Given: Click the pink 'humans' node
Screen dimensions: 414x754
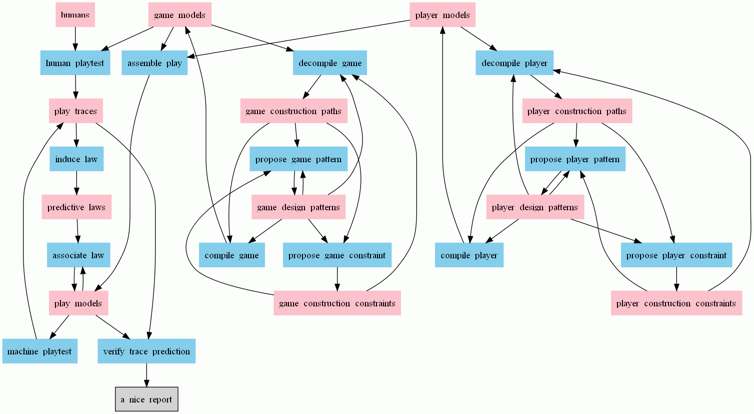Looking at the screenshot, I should (x=75, y=15).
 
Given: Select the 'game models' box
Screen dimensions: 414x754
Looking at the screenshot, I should (x=179, y=15).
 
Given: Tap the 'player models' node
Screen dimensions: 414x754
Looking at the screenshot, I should (x=442, y=15).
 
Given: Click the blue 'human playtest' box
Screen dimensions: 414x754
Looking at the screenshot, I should (x=75, y=63).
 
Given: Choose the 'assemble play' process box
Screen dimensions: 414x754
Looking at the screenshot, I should (x=154, y=63).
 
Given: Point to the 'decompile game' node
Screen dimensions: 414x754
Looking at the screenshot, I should (x=330, y=63).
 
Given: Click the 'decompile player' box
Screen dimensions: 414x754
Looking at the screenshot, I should (x=514, y=63).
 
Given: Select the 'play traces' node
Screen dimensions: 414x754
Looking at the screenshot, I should (x=75, y=111).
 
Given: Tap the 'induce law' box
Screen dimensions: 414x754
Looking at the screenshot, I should (x=76, y=159).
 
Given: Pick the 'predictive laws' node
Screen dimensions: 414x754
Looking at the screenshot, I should (x=76, y=207).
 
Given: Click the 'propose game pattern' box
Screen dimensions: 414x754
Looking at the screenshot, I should (x=298, y=159).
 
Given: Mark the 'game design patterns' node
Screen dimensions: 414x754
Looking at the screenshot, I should (x=298, y=207).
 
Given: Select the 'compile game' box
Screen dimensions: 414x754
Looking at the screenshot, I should (x=231, y=255).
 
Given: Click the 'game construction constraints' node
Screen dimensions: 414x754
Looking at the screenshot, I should (x=337, y=303).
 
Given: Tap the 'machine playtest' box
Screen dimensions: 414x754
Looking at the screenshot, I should (x=39, y=351).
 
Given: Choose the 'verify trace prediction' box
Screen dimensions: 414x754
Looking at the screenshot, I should (x=146, y=351).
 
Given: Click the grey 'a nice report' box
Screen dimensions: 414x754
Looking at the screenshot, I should (x=146, y=399).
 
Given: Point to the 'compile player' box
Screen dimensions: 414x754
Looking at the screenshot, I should (x=469, y=255).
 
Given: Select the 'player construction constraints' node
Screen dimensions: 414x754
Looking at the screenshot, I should (x=676, y=303).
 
